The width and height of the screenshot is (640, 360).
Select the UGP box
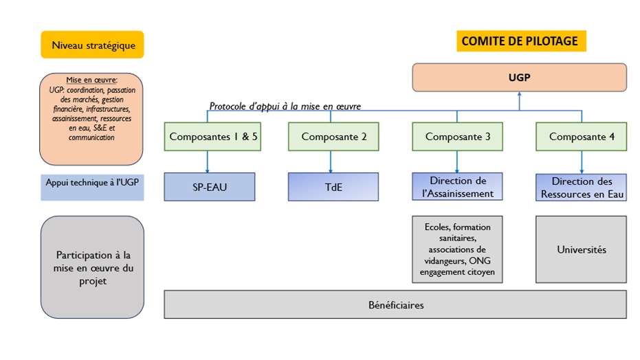pyautogui.click(x=519, y=78)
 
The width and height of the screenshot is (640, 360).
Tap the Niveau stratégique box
pyautogui.click(x=92, y=45)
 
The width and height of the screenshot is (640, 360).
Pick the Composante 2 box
pyautogui.click(x=333, y=136)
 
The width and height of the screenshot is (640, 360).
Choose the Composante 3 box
pyautogui.click(x=457, y=136)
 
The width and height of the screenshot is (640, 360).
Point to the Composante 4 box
pyautogui.click(x=581, y=136)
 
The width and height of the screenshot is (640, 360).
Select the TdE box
pyautogui.click(x=333, y=187)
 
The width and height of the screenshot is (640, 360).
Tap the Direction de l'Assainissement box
pyautogui.click(x=457, y=187)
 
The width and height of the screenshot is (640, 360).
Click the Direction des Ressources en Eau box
pyautogui.click(x=581, y=187)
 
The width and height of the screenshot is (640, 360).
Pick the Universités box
pyautogui.click(x=581, y=249)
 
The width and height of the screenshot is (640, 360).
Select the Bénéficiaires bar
pyautogui.click(x=395, y=304)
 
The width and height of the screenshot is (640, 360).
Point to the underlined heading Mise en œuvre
pyautogui.click(x=92, y=80)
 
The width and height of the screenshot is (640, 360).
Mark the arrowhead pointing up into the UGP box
pyautogui.click(x=519, y=95)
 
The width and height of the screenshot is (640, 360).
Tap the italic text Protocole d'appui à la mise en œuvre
pyautogui.click(x=285, y=106)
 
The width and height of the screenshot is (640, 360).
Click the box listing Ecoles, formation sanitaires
pyautogui.click(x=457, y=249)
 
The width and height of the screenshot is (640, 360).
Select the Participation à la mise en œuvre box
pyautogui.click(x=92, y=267)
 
